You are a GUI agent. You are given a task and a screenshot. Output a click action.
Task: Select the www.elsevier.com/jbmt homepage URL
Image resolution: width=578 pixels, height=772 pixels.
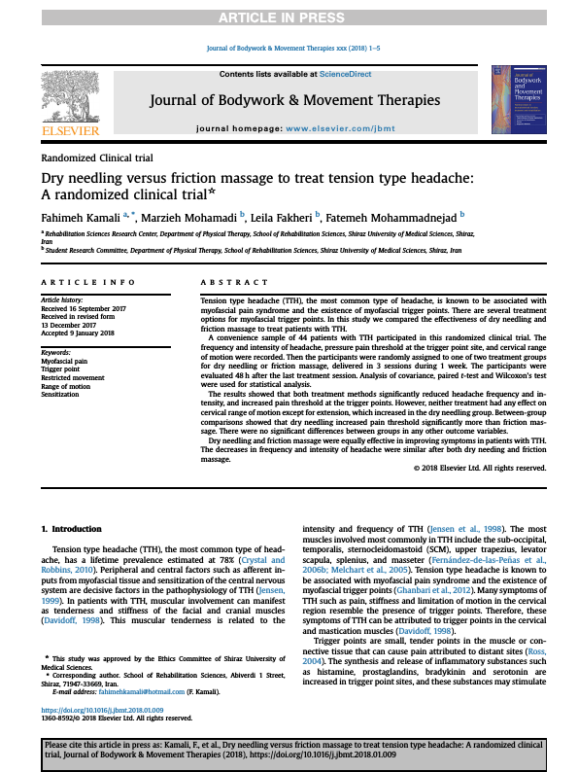point(327,128)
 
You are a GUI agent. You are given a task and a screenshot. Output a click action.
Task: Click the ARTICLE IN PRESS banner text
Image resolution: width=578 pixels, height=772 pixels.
point(289,18)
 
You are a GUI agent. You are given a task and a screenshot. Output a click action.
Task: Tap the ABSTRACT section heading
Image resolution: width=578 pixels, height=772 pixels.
point(234,282)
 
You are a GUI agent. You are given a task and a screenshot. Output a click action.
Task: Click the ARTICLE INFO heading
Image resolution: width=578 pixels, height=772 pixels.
point(88,282)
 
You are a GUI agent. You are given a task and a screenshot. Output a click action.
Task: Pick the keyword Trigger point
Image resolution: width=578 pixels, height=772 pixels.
point(62,370)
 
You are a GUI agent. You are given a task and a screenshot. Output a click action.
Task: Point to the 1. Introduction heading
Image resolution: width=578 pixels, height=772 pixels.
point(75,528)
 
